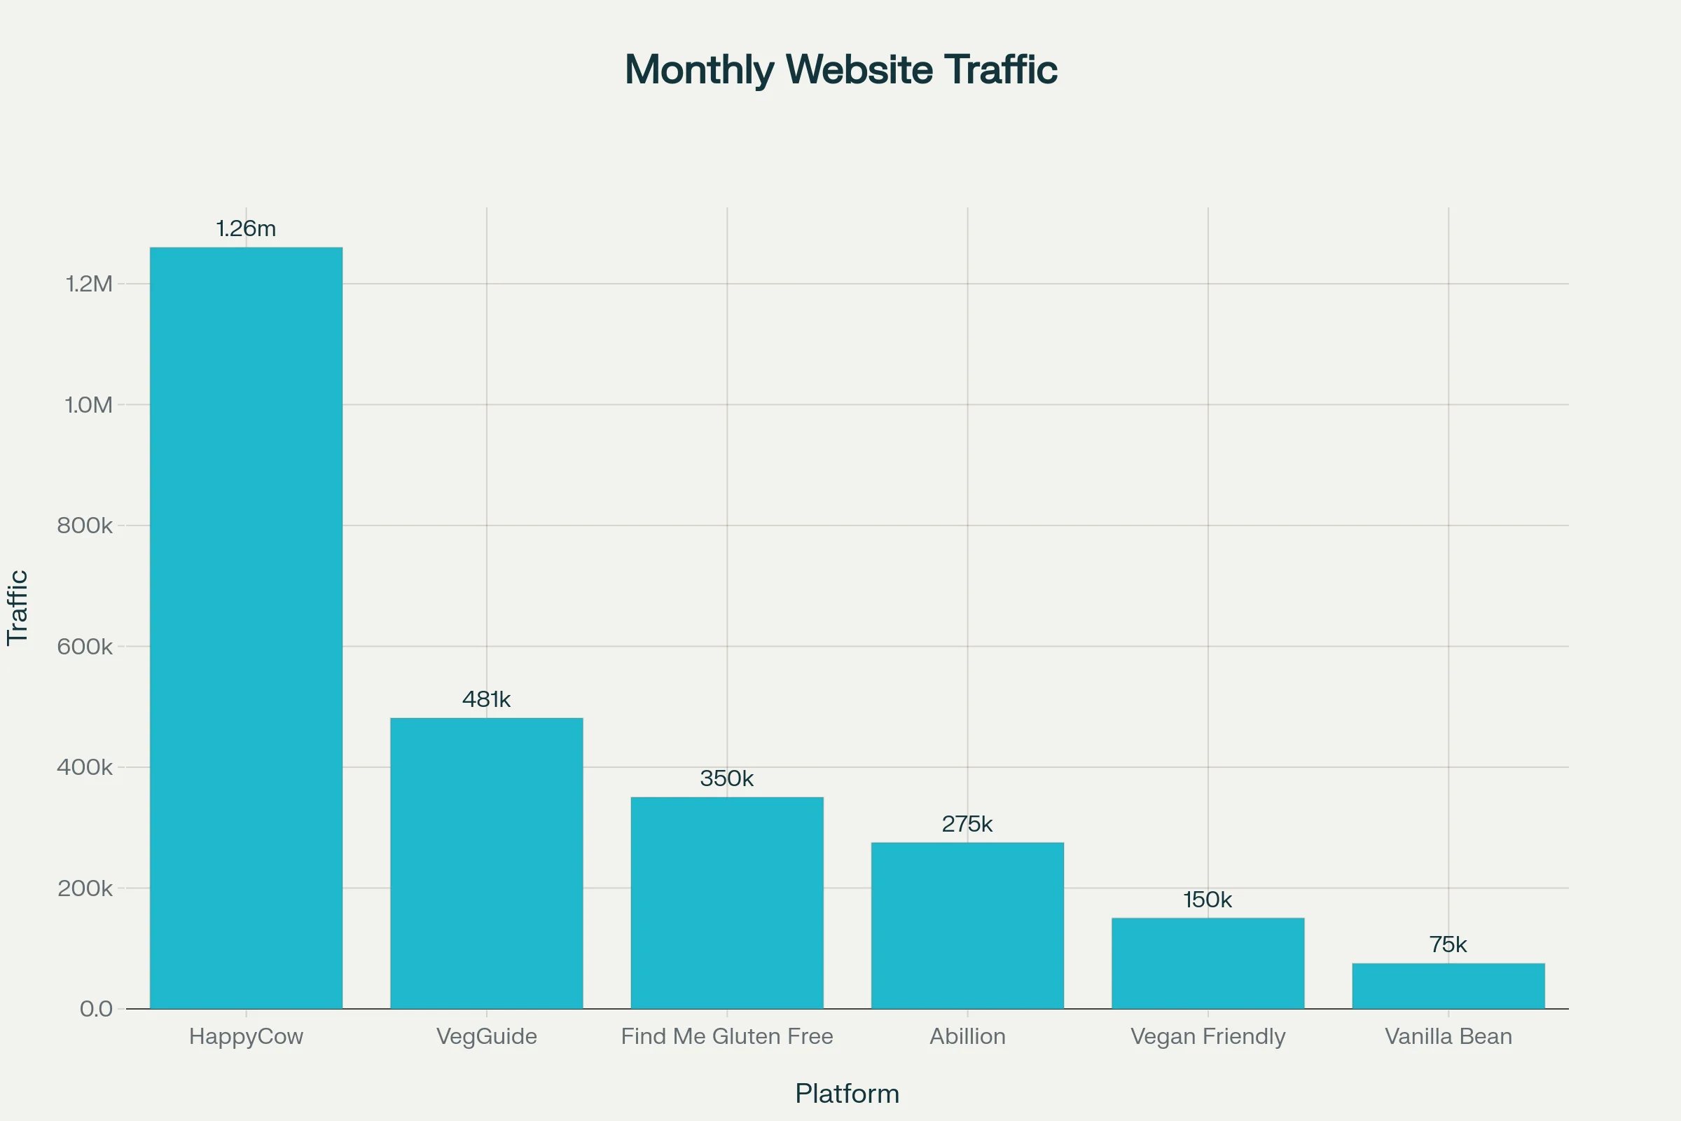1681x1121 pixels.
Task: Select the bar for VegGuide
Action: click(x=486, y=863)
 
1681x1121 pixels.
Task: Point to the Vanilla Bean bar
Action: click(x=1448, y=986)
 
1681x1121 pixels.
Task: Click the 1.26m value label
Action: click(x=246, y=229)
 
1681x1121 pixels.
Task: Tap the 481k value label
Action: click(x=486, y=699)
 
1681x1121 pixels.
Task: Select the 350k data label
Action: click(x=727, y=778)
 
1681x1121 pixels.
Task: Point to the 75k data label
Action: click(x=1448, y=945)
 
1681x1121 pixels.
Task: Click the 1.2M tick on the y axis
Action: click(x=90, y=284)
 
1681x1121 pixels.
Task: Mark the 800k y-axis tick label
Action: click(x=85, y=526)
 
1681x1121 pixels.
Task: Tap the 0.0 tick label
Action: click(x=97, y=1010)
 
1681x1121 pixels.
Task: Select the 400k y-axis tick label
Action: click(x=85, y=768)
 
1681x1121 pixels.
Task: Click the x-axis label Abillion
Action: click(x=967, y=1037)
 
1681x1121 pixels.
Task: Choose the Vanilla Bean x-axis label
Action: click(x=1448, y=1037)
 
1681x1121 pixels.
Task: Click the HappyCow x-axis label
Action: click(x=246, y=1037)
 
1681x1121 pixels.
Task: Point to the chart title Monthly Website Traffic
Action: click(x=840, y=70)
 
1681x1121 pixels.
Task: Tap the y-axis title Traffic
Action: click(x=17, y=607)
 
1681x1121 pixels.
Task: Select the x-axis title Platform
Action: click(x=847, y=1094)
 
